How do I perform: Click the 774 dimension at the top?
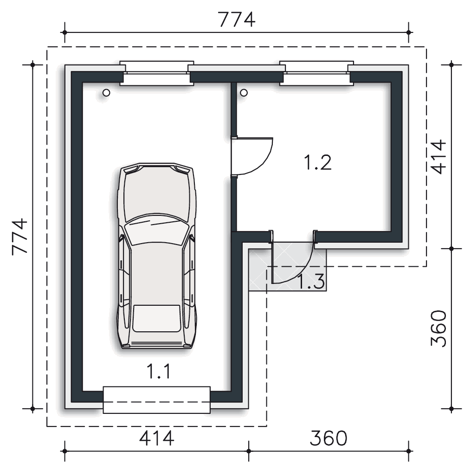coord(237,20)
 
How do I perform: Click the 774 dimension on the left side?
coord(19,237)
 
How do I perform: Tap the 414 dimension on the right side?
coord(438,156)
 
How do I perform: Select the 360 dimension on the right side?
coord(438,328)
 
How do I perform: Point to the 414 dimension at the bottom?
coord(156,438)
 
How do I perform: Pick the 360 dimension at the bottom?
coord(328,438)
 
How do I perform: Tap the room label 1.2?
coord(317,162)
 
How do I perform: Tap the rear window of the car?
coord(156,318)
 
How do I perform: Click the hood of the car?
coord(157,195)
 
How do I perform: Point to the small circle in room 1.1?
coord(106,93)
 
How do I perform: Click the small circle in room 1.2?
coord(244,93)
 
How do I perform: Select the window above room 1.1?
coord(156,73)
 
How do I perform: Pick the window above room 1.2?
coord(316,73)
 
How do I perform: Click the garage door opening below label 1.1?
coord(156,400)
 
